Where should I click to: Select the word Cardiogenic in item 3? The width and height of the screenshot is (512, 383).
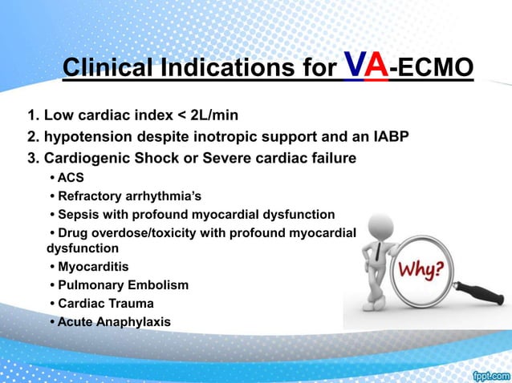click(x=83, y=158)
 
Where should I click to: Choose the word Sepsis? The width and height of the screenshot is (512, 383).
click(x=79, y=215)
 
